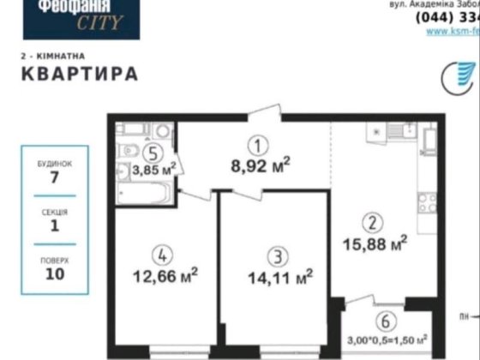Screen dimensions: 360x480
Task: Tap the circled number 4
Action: point(159,255)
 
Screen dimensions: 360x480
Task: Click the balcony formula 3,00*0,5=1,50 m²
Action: point(387,339)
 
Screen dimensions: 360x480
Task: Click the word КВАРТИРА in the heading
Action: point(79,73)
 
